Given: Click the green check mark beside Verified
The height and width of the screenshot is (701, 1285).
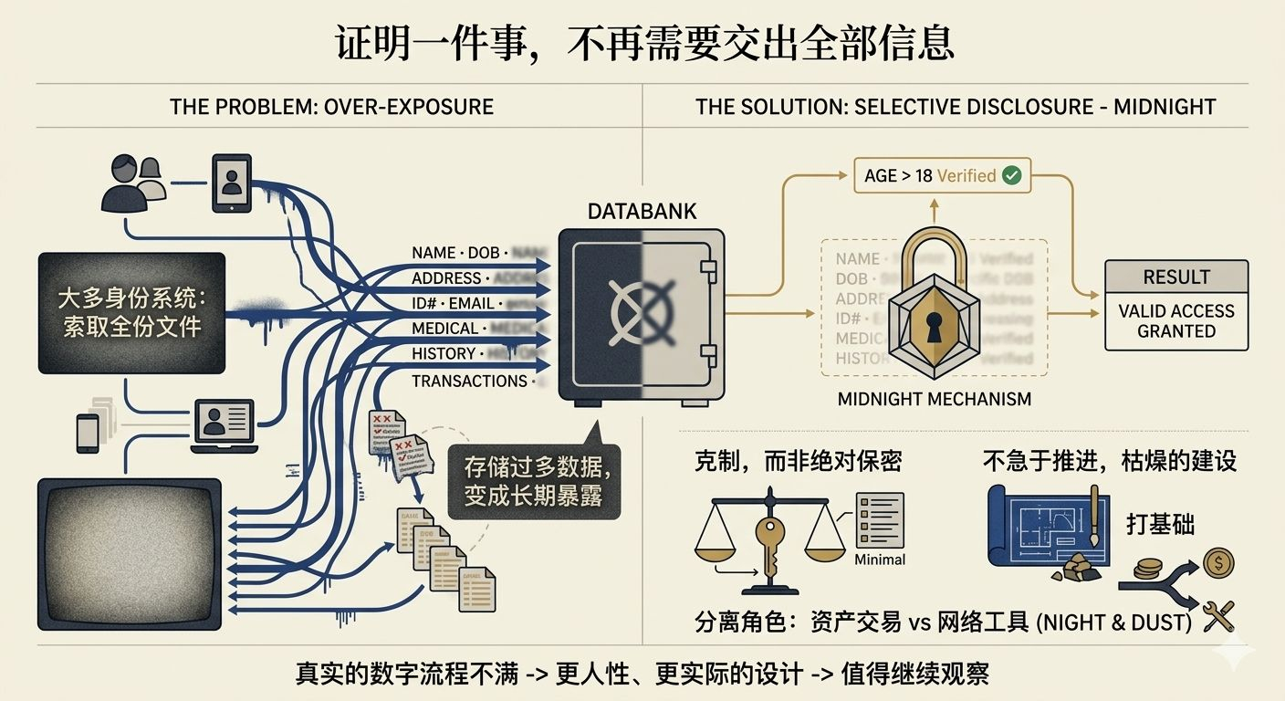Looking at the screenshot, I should click(x=1011, y=175).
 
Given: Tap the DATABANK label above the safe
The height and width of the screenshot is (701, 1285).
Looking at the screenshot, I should click(x=642, y=212).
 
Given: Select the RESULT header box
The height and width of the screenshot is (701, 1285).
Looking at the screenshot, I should click(x=1175, y=277).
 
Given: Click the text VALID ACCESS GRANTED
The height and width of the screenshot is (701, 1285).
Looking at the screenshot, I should click(x=1175, y=320).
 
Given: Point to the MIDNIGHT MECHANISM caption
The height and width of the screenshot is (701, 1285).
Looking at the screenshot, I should click(x=934, y=399).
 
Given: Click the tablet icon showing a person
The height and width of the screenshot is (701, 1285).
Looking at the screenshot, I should click(x=231, y=183).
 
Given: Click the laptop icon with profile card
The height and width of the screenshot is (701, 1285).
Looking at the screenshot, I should click(x=224, y=425).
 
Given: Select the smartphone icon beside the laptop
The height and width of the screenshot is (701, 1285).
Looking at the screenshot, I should click(x=88, y=433).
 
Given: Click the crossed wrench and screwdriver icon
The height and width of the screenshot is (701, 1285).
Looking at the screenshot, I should click(x=1219, y=616).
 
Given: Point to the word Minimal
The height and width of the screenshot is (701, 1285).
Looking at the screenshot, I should click(x=880, y=560).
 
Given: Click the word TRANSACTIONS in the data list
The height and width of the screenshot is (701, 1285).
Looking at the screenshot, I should click(x=469, y=381).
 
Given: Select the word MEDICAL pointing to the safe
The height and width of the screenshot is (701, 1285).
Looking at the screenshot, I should click(x=444, y=329).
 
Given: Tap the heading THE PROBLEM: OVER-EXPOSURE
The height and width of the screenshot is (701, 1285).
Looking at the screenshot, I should click(x=331, y=107).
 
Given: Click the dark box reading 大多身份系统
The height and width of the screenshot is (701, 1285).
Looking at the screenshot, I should click(x=131, y=312).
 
